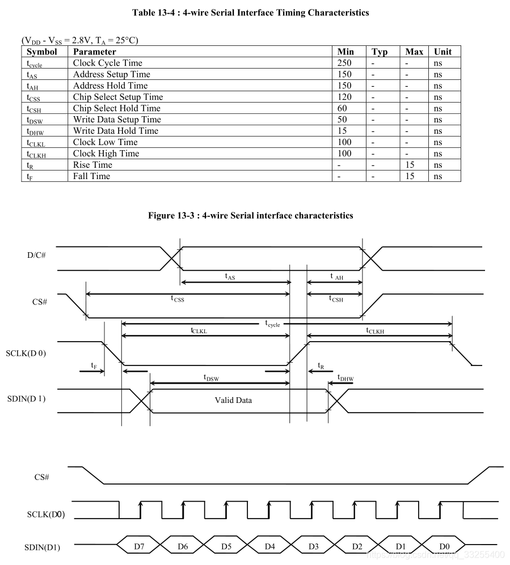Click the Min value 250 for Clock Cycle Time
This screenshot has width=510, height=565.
(x=344, y=63)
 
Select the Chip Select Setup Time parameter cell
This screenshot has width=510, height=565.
(x=117, y=97)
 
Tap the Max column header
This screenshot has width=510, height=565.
(x=414, y=52)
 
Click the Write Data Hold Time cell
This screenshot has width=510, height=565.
(x=115, y=131)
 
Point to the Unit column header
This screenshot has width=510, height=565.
(x=442, y=52)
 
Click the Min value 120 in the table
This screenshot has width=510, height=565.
(x=344, y=97)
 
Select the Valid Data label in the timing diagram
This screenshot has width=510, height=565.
(x=233, y=400)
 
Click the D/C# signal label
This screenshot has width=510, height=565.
(x=37, y=256)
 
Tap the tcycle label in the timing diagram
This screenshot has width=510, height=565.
(x=272, y=323)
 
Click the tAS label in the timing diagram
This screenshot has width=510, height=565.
(x=230, y=277)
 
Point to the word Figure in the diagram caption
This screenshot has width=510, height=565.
(x=162, y=215)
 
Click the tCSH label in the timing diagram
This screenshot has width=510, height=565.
(x=335, y=299)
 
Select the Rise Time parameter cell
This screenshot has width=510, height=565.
(x=92, y=165)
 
